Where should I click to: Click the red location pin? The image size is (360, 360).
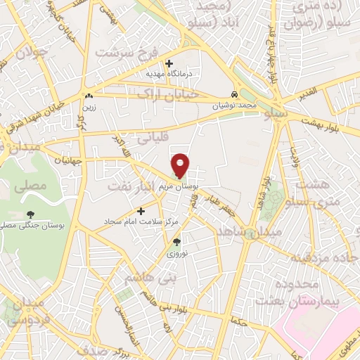(x=181, y=165)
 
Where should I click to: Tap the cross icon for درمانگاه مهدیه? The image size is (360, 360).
(x=169, y=63)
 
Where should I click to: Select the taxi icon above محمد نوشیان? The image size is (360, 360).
(x=235, y=94)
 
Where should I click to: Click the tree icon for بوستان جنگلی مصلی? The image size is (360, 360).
(x=30, y=214)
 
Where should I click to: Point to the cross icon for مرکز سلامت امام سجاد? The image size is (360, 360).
(x=141, y=210)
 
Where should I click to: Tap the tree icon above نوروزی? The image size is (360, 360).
(x=177, y=243)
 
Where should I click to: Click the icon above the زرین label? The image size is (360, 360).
(x=89, y=96)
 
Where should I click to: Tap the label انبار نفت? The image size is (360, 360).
(x=129, y=187)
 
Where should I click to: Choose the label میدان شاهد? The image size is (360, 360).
(x=250, y=231)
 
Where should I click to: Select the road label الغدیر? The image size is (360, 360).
(x=309, y=91)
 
